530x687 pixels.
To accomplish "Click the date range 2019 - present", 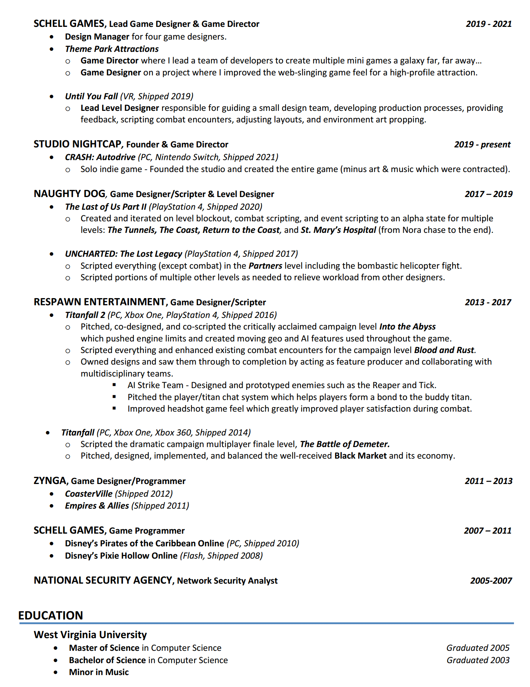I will [482, 144].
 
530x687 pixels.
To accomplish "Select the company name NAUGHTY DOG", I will [69, 194].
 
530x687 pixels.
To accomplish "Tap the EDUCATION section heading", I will [51, 615].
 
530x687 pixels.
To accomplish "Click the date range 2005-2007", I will [491, 580].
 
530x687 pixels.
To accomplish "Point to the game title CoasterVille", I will [89, 494].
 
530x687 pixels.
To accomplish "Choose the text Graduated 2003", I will [478, 660].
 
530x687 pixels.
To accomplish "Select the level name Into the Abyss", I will [407, 327].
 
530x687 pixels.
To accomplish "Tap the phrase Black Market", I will [360, 456].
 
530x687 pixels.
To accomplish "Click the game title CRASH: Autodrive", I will [100, 157].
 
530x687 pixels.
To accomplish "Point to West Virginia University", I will [90, 635].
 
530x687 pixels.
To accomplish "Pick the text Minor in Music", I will [99, 672].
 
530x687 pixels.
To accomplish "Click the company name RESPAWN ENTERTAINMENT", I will [100, 302].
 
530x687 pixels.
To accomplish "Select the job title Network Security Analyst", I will [227, 581].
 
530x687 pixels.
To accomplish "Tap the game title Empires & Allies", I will [97, 506].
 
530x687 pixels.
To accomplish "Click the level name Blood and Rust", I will [444, 350].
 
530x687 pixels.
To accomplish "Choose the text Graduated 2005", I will [478, 648].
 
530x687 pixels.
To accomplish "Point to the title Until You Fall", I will [91, 96].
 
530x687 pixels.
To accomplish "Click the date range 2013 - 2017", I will [488, 302].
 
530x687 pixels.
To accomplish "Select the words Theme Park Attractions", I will [112, 49].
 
